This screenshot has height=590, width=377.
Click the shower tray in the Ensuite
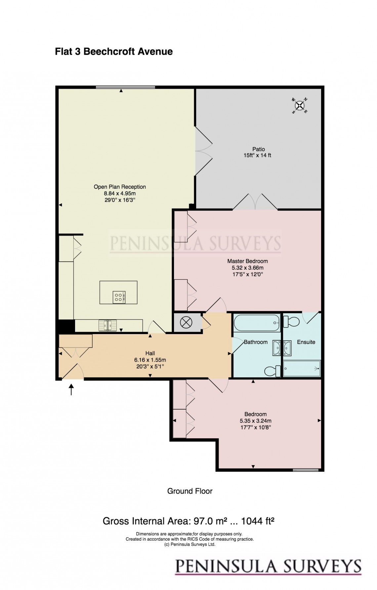pos(302,369)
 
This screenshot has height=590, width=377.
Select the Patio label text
pos(258,149)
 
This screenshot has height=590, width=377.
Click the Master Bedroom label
pos(247,261)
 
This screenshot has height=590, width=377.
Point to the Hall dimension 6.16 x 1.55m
pos(150,360)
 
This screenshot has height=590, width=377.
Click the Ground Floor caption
pos(189,491)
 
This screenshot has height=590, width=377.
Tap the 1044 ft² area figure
pos(258,521)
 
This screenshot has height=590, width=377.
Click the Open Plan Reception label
pos(120,187)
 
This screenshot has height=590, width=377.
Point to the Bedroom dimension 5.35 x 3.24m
pos(255,421)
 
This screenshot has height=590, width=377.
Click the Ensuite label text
pos(306,342)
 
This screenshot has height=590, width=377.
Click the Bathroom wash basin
pos(276,348)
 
